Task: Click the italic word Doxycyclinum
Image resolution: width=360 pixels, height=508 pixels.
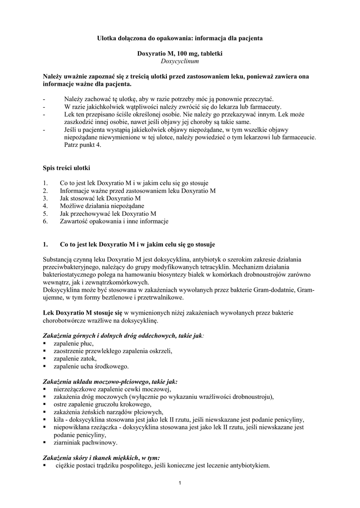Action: [180, 61]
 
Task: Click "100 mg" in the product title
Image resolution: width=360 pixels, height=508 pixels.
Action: [189, 53]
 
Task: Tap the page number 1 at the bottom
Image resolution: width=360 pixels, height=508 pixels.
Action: [180, 483]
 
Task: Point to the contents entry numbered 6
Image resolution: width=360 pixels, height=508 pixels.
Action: [114, 221]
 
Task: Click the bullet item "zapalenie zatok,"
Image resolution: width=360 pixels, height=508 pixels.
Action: [75, 359]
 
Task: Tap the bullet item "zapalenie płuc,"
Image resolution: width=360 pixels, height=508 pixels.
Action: [73, 343]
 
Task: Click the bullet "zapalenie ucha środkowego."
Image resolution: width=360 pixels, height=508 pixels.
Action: [91, 367]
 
